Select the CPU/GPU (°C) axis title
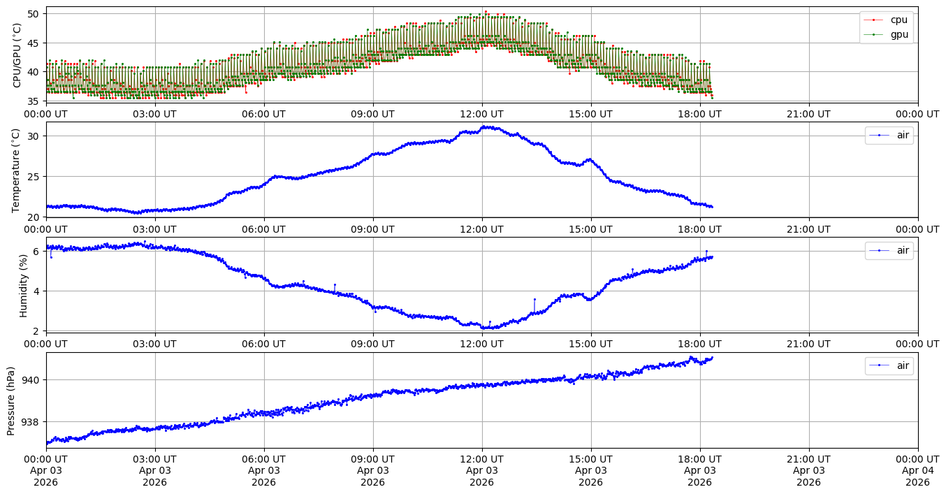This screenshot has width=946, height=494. pos(17,55)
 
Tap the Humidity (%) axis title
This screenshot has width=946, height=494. pos(23,285)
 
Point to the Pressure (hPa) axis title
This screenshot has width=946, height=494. pos(11,400)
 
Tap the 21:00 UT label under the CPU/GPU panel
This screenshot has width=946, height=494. pos(808,114)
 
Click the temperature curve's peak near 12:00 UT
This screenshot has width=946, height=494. pos(483,126)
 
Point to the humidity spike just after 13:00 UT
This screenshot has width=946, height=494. pos(534,299)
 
